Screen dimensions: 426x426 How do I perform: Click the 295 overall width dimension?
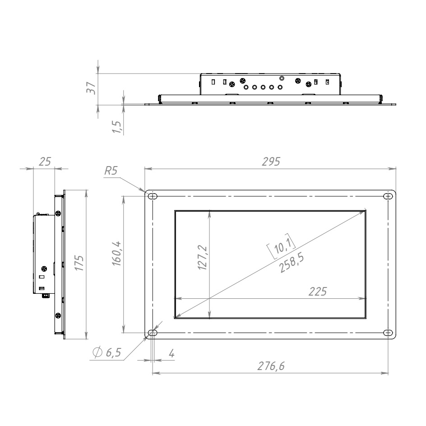pos(271,162)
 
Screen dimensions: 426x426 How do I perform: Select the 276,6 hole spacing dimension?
pos(271,366)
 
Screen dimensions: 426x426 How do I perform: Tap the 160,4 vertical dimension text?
pos(117,254)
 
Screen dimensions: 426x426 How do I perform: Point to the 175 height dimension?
pos(79,263)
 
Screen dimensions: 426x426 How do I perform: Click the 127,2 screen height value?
pos(203,258)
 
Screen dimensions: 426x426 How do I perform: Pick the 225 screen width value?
pos(318,292)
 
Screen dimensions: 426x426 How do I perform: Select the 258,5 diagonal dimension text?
pos(291,263)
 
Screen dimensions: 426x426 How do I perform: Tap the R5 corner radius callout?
pos(111,171)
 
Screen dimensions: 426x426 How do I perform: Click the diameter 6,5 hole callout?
pos(107,352)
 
